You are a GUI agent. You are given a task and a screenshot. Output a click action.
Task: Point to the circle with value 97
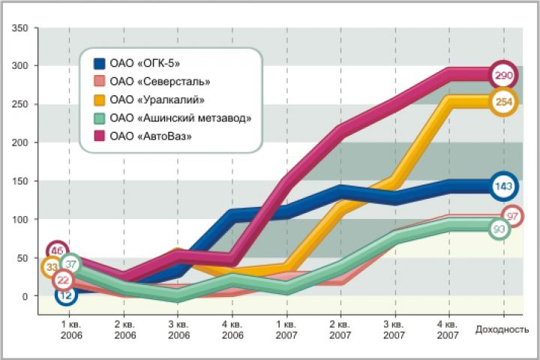click(x=513, y=217)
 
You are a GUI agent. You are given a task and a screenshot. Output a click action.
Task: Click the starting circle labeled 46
click(x=57, y=251)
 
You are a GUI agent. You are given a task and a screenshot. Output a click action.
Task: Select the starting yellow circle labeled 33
click(x=52, y=266)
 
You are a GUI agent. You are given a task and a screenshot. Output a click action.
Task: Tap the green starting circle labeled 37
click(x=71, y=264)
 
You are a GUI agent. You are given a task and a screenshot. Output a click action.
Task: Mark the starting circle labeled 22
click(x=64, y=280)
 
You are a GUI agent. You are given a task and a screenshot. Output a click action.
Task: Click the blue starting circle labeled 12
click(x=66, y=295)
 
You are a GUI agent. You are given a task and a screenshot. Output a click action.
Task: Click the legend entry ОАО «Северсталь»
click(x=158, y=81)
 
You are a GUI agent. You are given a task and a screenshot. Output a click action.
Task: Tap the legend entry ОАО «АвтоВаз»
click(x=150, y=136)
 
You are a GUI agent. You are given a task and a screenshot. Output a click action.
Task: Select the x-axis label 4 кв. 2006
click(x=232, y=332)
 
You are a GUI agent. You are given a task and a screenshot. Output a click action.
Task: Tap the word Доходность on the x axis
click(x=502, y=329)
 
